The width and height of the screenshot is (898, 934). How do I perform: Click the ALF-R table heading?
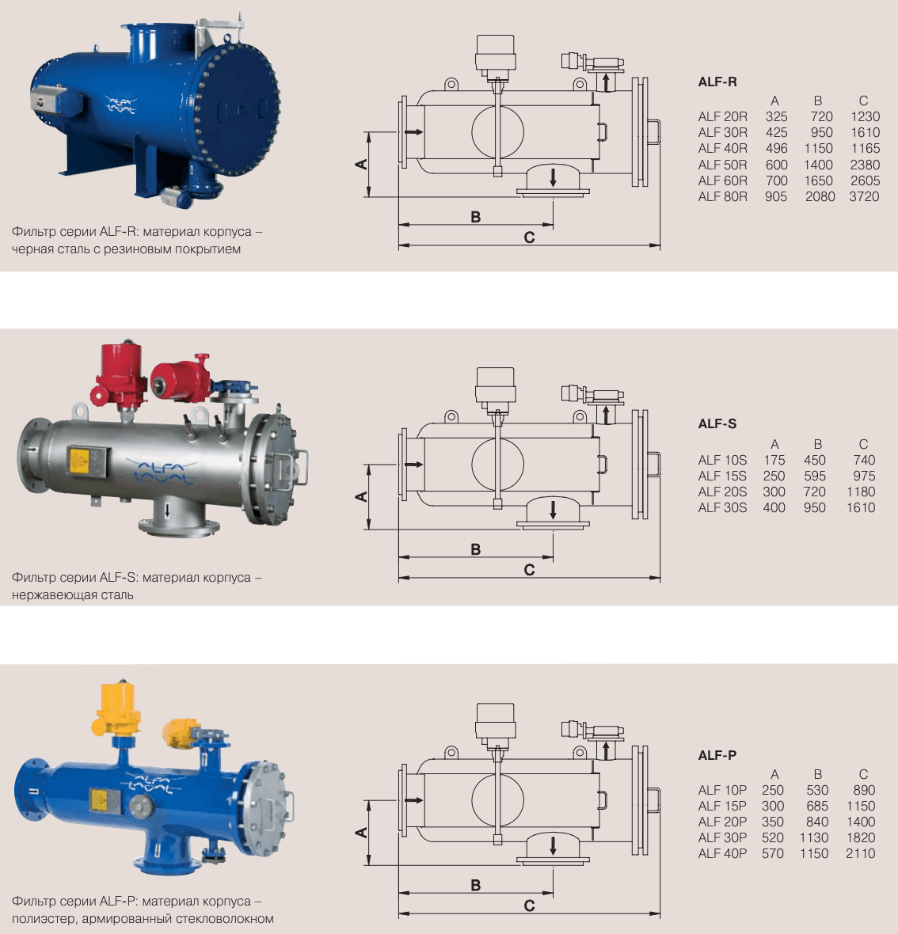717,82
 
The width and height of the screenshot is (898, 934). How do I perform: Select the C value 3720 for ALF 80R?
864,196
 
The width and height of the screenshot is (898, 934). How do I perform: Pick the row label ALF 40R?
722,148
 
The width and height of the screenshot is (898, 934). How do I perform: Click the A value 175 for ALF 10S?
774,460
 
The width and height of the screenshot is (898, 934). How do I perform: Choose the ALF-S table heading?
717,423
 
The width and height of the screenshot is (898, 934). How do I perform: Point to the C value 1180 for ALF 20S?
861,492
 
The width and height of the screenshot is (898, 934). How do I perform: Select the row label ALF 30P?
722,837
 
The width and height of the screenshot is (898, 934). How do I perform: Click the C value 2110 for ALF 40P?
861,853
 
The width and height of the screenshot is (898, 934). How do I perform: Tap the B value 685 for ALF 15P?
817,806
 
